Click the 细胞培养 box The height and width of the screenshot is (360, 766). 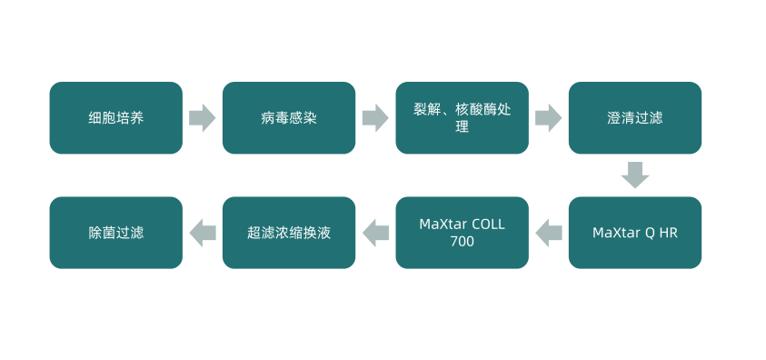(115, 118)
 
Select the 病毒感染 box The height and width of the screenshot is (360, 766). (289, 118)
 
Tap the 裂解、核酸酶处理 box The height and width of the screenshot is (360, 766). (462, 118)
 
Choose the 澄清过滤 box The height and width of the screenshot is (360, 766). (635, 118)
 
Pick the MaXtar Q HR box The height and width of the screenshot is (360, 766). (635, 233)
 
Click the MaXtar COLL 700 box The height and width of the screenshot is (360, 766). (462, 233)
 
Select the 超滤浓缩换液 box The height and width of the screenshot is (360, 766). (289, 233)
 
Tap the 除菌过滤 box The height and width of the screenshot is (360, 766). (115, 233)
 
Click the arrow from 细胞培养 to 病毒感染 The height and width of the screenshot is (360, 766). (202, 118)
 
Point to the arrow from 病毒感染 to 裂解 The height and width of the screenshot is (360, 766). (375, 118)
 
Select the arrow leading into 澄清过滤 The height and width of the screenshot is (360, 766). (548, 118)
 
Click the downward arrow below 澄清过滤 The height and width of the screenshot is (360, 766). (635, 175)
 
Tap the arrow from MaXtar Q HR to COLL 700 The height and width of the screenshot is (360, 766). (549, 233)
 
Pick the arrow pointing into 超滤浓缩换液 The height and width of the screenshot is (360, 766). (375, 233)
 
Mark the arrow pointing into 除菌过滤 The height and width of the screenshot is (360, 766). (202, 233)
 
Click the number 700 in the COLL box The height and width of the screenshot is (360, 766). (462, 242)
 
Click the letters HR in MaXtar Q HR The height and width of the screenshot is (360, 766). (668, 233)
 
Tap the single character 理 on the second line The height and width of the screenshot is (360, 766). (462, 128)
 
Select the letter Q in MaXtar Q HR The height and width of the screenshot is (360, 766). (649, 233)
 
